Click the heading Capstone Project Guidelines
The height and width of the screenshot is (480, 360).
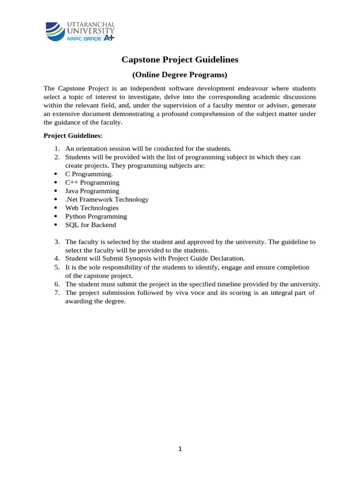[180, 60]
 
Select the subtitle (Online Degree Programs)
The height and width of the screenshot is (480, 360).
[180, 75]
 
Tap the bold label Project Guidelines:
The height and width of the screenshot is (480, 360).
[73, 135]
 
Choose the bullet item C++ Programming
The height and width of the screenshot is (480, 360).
[92, 182]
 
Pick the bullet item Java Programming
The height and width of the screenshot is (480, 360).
[92, 191]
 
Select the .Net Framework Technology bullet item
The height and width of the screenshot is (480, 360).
[107, 199]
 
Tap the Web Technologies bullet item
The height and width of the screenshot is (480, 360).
[92, 208]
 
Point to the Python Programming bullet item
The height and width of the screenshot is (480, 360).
[96, 216]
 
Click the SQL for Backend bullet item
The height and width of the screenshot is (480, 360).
[90, 225]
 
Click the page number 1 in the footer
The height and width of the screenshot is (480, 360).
[180, 449]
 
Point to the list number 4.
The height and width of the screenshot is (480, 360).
[57, 258]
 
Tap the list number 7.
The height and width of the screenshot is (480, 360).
[57, 292]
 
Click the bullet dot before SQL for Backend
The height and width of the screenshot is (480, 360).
[56, 225]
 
